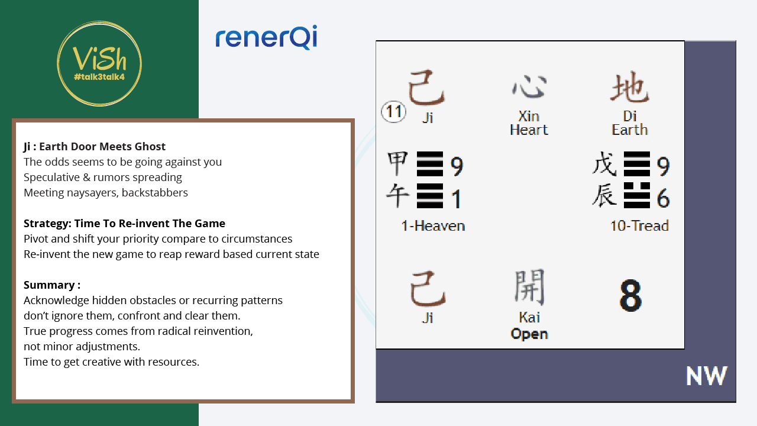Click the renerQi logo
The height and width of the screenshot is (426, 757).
266,37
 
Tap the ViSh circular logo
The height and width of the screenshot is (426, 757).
99,63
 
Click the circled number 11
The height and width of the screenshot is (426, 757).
394,112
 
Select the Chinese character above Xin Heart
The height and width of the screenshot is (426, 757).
529,86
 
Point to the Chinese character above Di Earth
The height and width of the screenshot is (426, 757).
630,87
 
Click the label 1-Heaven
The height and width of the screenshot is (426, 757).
433,225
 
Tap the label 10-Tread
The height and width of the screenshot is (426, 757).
639,225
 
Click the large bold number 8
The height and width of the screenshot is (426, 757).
630,295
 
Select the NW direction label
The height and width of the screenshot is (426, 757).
707,376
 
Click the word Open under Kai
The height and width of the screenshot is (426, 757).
529,334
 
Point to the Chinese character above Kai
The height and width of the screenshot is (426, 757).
529,287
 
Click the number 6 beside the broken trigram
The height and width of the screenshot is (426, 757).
663,198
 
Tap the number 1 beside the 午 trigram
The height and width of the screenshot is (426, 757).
456,199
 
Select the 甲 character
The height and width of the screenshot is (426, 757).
398,163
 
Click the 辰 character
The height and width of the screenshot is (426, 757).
604,195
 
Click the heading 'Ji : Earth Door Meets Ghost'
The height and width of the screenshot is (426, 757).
95,146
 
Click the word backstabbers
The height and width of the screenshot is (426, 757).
155,192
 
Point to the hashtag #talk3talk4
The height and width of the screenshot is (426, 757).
99,77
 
